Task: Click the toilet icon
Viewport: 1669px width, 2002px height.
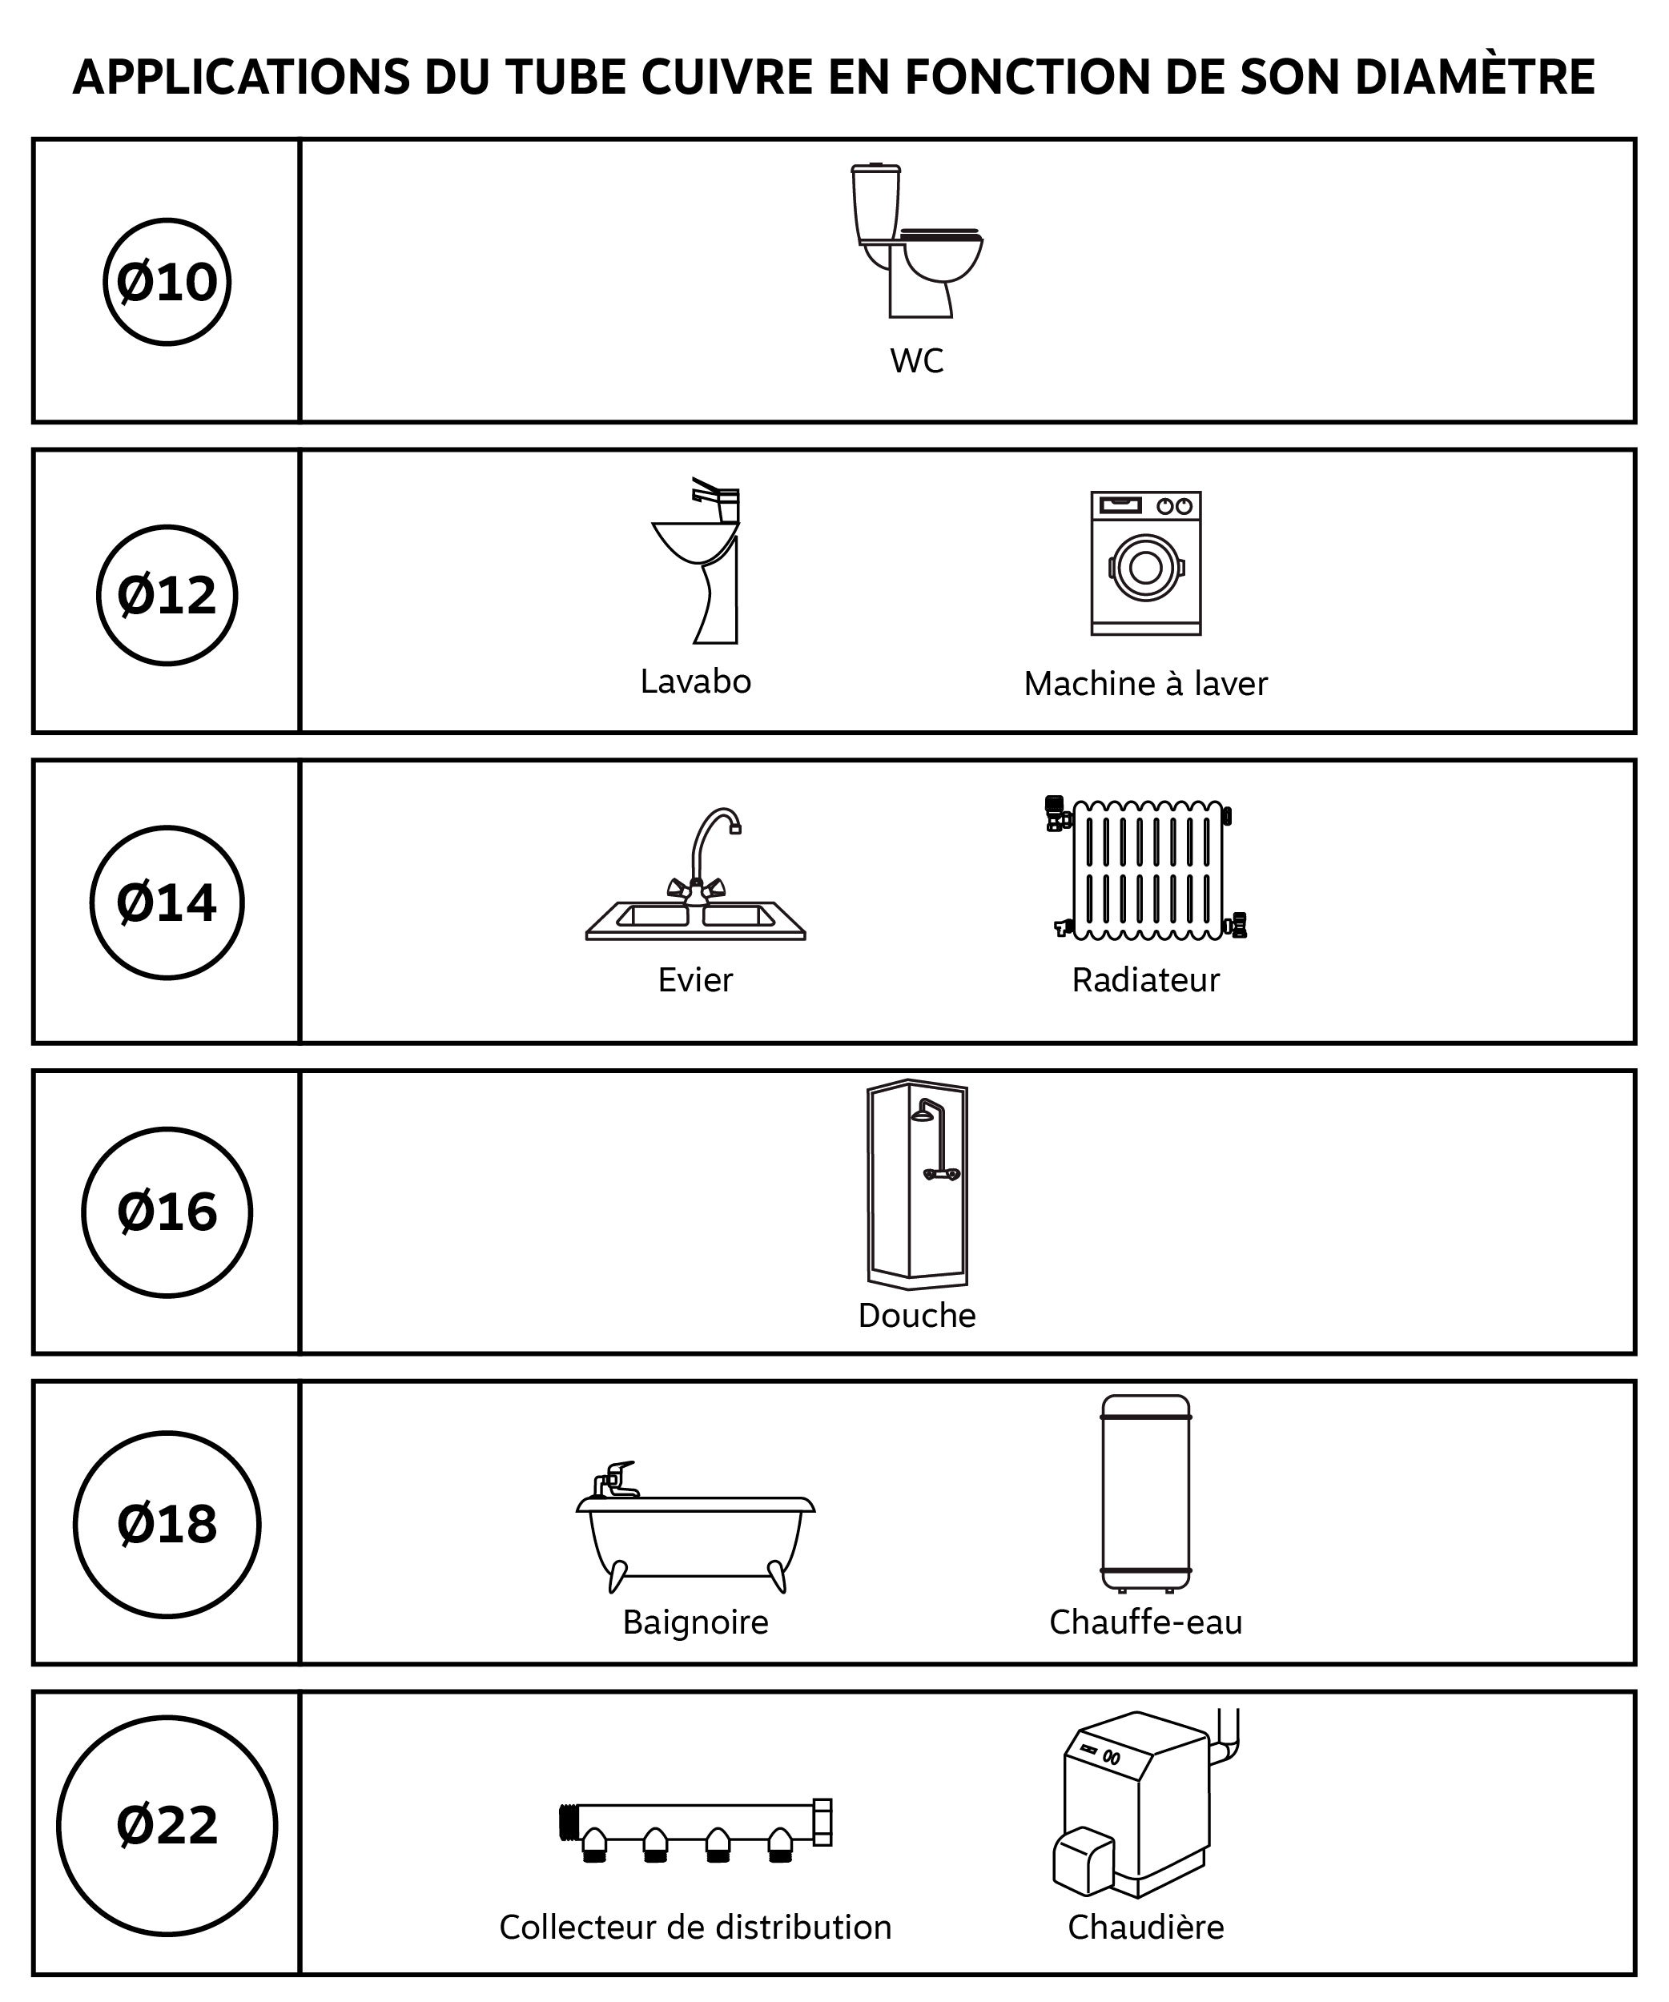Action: coord(916,240)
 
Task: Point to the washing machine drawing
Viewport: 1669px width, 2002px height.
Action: coord(1146,562)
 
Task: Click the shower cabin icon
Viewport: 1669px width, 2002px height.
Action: coord(917,1184)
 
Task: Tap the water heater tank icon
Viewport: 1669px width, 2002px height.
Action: coord(1146,1493)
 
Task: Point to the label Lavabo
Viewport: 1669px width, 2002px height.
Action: coord(695,681)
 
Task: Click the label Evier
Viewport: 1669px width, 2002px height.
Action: coord(695,979)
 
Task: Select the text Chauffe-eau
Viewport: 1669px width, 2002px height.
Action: coord(1146,1622)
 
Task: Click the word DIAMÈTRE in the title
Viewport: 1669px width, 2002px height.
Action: coord(1474,76)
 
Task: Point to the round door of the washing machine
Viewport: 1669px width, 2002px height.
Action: coord(1146,567)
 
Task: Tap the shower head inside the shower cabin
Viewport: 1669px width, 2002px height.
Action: coord(923,1115)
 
